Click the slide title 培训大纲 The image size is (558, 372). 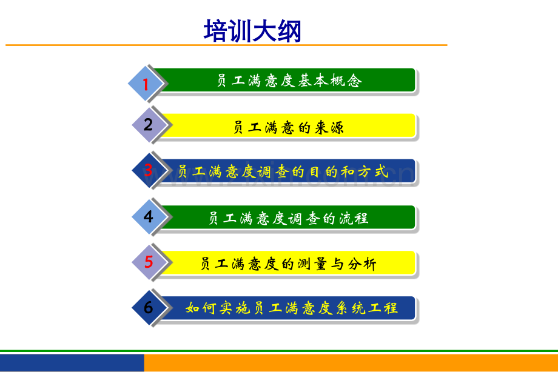[x=252, y=31]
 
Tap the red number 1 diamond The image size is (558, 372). [x=146, y=84]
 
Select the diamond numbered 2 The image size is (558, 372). [x=149, y=124]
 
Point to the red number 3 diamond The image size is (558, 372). [x=149, y=170]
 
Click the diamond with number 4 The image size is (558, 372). [x=149, y=216]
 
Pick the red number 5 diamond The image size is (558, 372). [x=149, y=262]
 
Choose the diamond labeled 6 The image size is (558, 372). [x=149, y=308]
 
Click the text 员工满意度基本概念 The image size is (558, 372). [x=289, y=81]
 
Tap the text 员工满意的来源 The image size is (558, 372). [x=289, y=127]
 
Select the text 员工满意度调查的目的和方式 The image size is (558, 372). [x=283, y=172]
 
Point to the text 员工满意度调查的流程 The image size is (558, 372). [x=289, y=218]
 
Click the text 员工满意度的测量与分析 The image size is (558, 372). [x=289, y=264]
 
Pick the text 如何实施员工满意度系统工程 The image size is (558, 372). [x=292, y=308]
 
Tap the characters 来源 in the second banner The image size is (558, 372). [x=329, y=127]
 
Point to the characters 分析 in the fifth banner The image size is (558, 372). [x=362, y=264]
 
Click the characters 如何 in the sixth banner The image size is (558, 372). [x=201, y=308]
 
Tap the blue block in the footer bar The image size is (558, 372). [x=72, y=362]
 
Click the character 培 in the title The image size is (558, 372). [x=215, y=31]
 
